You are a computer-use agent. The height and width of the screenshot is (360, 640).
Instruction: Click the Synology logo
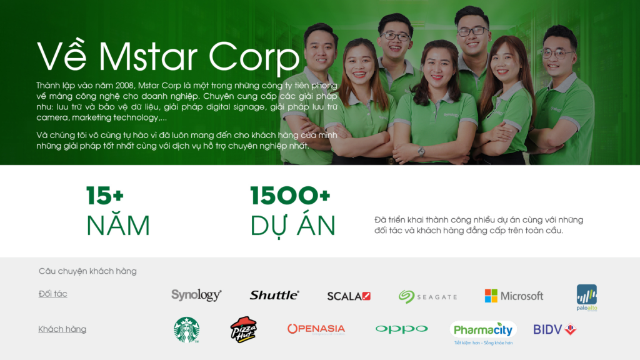point(196,295)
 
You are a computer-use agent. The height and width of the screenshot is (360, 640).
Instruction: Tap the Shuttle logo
point(274,295)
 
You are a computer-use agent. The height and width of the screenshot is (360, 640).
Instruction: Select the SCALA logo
point(349,296)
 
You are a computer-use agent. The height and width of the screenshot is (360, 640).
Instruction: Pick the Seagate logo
point(427,296)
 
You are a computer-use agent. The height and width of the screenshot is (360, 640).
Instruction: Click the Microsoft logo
point(514,296)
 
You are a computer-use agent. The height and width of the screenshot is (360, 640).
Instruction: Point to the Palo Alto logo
point(587,297)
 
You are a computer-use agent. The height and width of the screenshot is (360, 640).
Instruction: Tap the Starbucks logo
point(186,330)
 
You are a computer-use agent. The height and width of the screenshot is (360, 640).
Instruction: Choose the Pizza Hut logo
point(243,329)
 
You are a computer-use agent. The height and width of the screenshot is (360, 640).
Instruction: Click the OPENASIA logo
point(316,329)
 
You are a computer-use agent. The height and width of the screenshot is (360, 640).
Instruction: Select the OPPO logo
point(401,329)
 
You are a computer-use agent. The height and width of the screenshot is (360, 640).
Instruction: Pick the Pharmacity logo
point(482,331)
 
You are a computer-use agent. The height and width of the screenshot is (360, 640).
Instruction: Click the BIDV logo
point(554,329)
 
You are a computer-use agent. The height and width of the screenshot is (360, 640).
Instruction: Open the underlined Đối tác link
point(52,294)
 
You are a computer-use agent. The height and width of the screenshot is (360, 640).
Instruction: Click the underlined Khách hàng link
point(62,329)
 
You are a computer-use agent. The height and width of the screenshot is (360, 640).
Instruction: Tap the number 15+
point(105,196)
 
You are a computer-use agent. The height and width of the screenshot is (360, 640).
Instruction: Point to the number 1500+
point(290,196)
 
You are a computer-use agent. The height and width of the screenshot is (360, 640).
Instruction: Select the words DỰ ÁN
point(292,226)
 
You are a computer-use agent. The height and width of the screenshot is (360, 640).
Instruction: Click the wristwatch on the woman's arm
point(421,151)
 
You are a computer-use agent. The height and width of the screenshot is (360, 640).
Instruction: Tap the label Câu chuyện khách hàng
point(87,271)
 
